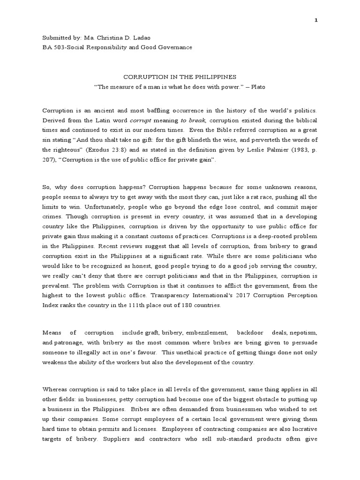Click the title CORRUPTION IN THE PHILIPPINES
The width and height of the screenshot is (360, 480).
tap(180, 76)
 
